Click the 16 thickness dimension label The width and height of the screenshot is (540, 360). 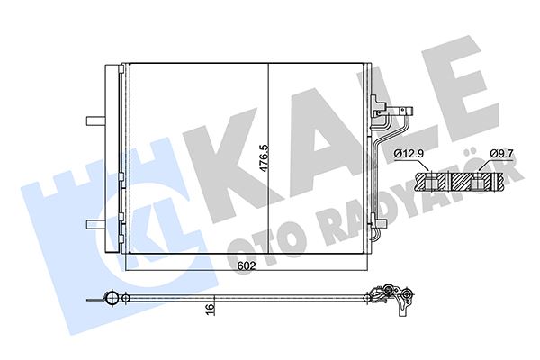[209, 309]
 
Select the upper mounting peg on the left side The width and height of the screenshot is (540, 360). [93, 120]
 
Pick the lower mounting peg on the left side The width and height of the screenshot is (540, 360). [93, 223]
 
